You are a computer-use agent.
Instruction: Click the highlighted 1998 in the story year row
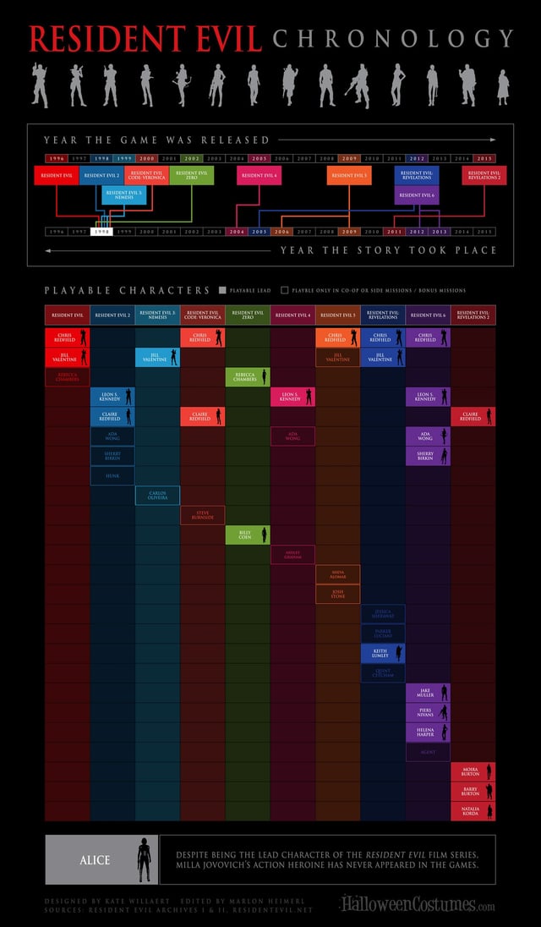[101, 231]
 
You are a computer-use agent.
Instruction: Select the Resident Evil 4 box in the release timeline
[259, 175]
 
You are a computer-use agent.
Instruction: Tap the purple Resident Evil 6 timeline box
[417, 195]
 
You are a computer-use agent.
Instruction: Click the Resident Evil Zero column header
[248, 315]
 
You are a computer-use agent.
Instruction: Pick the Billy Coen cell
[248, 535]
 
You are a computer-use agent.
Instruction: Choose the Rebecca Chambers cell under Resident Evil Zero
[248, 376]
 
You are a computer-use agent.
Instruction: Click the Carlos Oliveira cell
[157, 495]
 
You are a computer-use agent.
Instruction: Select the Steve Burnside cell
[203, 514]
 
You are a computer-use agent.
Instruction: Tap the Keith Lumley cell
[383, 653]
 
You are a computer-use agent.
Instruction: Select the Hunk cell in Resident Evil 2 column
[112, 475]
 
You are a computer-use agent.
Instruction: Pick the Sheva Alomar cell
[338, 574]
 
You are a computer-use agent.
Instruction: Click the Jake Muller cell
[428, 693]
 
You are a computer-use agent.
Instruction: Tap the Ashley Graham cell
[292, 554]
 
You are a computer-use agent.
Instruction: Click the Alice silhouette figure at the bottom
[143, 859]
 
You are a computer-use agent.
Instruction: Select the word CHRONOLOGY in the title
[393, 39]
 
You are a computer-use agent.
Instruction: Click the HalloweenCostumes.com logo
[418, 905]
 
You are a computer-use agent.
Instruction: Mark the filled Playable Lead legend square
[222, 290]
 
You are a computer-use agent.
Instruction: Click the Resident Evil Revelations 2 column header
[473, 315]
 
